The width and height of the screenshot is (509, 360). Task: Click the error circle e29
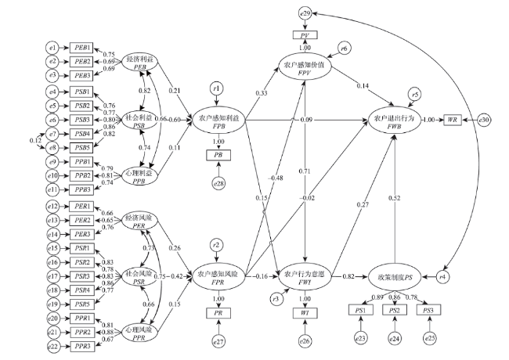[305, 14]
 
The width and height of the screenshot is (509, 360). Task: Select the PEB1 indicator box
[81, 47]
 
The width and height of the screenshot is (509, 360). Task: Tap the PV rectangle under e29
[305, 36]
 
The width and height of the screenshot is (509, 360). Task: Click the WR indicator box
[453, 120]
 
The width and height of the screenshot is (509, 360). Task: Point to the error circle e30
[485, 120]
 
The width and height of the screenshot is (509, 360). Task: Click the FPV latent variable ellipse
[305, 69]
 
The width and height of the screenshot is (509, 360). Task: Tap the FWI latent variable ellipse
[305, 277]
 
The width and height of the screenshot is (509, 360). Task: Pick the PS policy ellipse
[395, 277]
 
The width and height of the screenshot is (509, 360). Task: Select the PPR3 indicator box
[81, 345]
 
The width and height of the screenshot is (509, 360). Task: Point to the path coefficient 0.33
[261, 93]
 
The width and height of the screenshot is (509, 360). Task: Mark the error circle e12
[53, 206]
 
